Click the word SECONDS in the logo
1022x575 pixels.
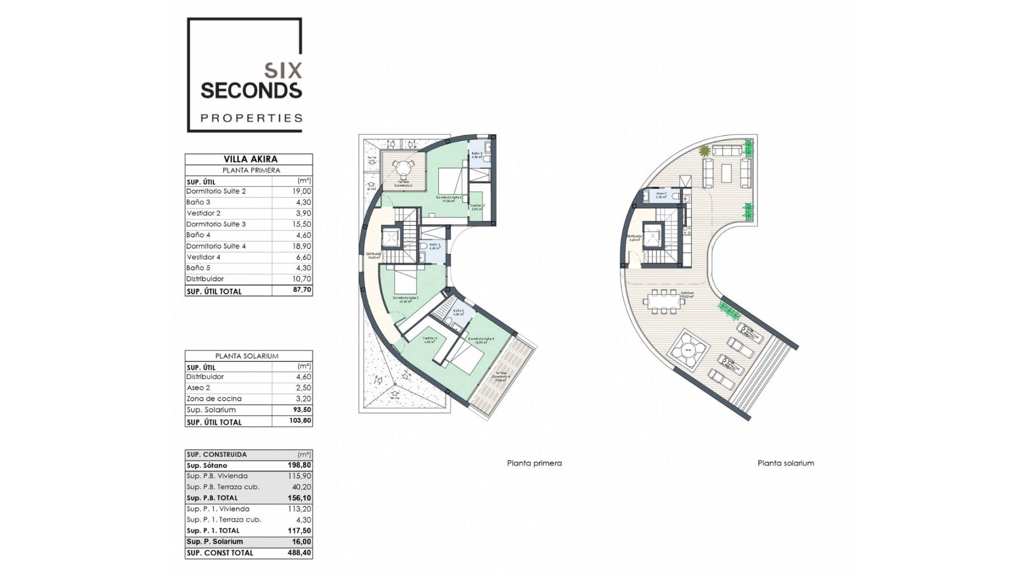251,91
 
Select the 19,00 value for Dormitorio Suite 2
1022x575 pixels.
301,191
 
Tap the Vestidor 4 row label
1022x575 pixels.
203,257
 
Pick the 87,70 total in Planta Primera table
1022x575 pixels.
302,290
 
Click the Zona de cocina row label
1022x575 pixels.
214,399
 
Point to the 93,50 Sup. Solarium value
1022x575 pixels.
301,410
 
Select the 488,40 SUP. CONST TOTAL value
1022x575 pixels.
299,553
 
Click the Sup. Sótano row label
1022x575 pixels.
207,465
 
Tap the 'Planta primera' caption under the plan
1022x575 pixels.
534,463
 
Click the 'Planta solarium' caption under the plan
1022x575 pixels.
786,463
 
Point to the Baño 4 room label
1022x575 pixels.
434,246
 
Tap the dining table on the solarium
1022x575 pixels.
664,302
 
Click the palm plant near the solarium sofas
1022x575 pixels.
705,151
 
